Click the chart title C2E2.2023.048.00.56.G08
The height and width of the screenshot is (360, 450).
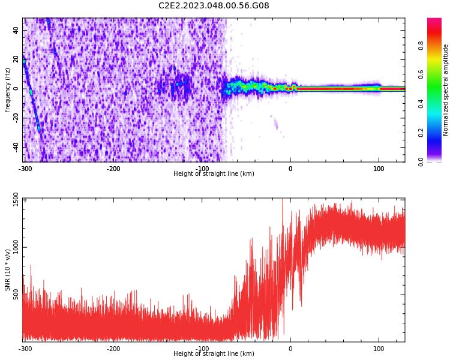pos(214,6)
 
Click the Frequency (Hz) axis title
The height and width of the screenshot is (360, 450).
pos(8,90)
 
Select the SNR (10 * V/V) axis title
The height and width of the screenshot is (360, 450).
pos(8,270)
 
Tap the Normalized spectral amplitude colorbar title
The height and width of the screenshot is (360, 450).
pos(446,90)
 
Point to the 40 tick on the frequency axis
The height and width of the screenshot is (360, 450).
pos(16,31)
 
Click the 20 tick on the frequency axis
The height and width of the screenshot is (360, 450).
pos(16,60)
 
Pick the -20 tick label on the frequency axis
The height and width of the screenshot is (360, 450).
pos(15,118)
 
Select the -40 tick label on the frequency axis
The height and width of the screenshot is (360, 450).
pos(15,147)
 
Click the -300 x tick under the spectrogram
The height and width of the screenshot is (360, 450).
pos(25,169)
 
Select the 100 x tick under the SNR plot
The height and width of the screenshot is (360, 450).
pos(379,349)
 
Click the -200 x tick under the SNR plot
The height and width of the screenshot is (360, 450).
pos(114,349)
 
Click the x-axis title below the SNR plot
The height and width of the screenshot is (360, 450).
pos(214,354)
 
